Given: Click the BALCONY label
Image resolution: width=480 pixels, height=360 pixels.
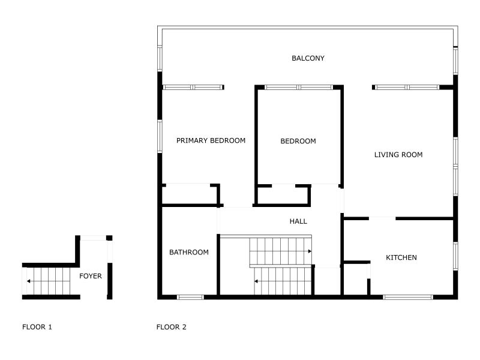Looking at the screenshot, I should (308, 58).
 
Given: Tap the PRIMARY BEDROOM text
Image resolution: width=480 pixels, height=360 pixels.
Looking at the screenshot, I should (211, 141).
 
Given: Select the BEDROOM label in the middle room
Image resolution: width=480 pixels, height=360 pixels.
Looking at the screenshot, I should (298, 142).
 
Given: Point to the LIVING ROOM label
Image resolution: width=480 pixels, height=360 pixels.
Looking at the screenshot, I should (398, 155).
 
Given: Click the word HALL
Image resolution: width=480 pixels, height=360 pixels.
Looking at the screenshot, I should (298, 221).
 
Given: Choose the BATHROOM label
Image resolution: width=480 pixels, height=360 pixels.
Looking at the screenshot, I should (188, 253).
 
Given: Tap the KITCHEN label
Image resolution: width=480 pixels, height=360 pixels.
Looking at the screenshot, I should (401, 258).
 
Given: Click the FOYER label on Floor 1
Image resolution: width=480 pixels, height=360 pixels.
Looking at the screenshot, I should (91, 277).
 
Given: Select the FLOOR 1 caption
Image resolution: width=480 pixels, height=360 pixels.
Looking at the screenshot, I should (37, 328).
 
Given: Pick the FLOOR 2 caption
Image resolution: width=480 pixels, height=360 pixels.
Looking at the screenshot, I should (172, 328).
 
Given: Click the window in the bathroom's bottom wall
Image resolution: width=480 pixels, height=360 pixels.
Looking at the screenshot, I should (190, 296).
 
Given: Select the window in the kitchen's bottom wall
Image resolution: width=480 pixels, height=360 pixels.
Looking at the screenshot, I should (407, 296).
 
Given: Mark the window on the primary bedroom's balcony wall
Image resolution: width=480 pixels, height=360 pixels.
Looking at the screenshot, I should (192, 88).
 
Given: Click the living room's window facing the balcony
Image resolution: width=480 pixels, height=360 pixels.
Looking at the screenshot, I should (406, 88).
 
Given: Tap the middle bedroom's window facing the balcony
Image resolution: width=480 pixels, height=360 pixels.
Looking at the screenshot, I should (298, 88).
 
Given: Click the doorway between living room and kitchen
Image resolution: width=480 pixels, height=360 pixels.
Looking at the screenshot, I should (382, 218).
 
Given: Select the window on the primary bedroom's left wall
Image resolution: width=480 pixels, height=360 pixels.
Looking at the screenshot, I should (160, 136).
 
